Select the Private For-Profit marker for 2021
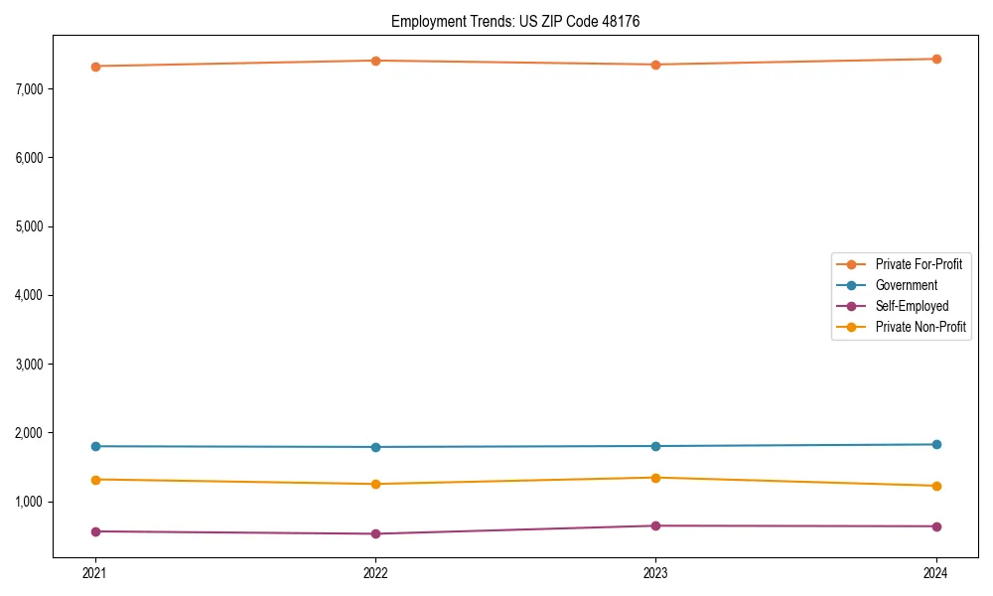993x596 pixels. (x=95, y=67)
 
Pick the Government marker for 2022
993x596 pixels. (x=375, y=447)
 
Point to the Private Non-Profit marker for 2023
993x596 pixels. (x=655, y=478)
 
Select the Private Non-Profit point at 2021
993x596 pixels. (x=95, y=480)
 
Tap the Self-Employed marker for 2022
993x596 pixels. (x=375, y=533)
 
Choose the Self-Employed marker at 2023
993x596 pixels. (x=655, y=525)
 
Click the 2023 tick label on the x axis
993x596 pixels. (x=655, y=573)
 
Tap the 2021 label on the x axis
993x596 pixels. (x=95, y=573)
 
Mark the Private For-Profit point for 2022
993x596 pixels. (x=375, y=61)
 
